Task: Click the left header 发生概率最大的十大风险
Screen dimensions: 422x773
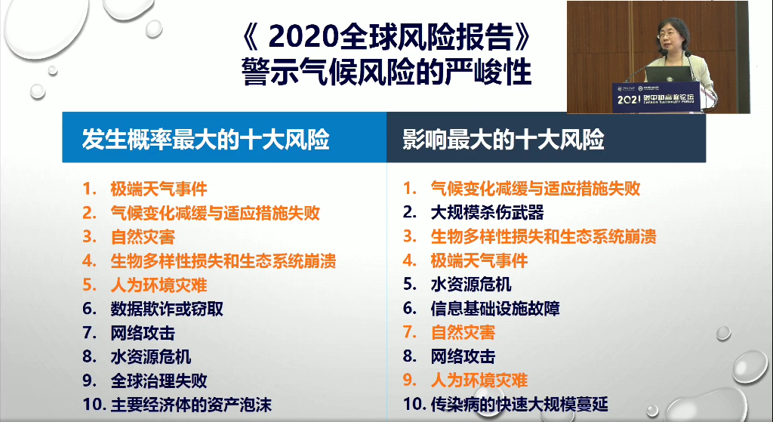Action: (206, 140)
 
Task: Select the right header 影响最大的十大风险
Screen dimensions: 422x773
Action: (504, 140)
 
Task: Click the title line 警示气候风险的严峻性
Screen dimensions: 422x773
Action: (386, 72)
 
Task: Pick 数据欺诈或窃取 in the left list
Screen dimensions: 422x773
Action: (167, 309)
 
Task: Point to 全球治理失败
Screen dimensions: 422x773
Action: (159, 380)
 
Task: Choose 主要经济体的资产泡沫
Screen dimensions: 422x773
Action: (191, 404)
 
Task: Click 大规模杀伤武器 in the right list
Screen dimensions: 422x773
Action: (487, 212)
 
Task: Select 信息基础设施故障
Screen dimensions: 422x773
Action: (494, 308)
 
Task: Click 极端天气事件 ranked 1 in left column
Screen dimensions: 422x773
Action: (159, 189)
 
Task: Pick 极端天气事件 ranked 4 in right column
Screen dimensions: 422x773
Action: (479, 260)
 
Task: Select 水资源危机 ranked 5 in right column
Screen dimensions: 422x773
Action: (470, 285)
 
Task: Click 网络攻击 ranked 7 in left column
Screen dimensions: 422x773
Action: (143, 332)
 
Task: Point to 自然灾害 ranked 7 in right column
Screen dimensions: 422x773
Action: (463, 332)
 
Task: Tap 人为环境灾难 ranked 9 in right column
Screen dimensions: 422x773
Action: (479, 380)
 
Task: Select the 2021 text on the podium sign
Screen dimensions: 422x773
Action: (629, 99)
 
